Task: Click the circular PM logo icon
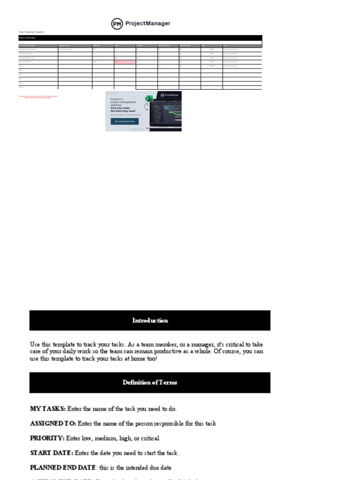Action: (x=117, y=23)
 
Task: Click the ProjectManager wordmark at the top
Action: (x=148, y=23)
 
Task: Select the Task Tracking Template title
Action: (x=31, y=32)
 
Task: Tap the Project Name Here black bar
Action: (x=140, y=37)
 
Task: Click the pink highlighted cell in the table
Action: (x=125, y=62)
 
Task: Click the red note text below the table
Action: (x=38, y=97)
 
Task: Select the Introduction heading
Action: (x=150, y=321)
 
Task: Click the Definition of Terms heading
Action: (x=150, y=382)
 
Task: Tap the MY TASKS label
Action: (x=48, y=409)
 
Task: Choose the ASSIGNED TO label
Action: (x=53, y=424)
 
